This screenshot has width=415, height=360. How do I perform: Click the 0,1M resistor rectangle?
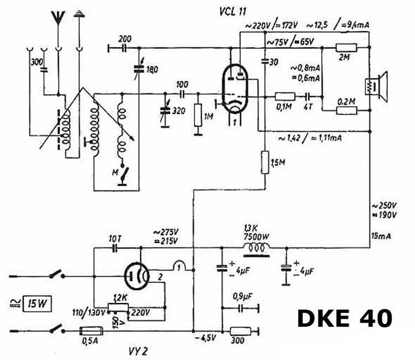284,96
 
